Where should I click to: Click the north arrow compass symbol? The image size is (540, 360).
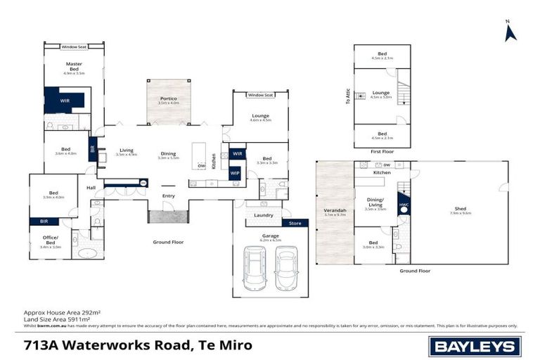pos(510,31)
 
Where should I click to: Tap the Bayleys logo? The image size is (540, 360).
pos(475,346)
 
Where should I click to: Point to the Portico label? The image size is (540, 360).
pos(168,100)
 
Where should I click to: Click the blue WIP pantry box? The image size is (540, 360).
pos(235,172)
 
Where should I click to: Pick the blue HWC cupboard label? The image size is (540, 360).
pos(404,205)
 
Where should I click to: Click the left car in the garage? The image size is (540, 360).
pos(255,267)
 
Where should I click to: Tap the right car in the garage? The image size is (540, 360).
pos(286,267)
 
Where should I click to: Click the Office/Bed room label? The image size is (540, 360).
pos(52,243)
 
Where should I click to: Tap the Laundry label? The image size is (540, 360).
pos(264,215)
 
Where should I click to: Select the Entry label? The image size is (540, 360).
pos(168,196)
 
